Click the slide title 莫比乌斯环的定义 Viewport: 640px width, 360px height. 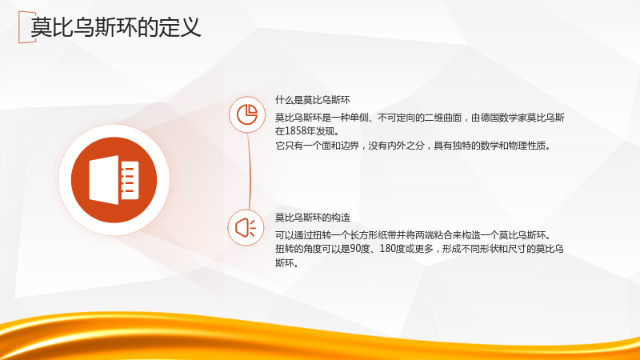tap(115, 27)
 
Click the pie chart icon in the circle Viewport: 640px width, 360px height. tap(247, 114)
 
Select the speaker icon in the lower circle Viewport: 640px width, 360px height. tap(246, 227)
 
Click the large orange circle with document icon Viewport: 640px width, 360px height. tap(114, 180)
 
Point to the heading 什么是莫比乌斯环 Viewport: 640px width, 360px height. tap(312, 100)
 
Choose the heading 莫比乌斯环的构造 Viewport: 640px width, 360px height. tap(312, 218)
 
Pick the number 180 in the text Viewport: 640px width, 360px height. tap(387, 249)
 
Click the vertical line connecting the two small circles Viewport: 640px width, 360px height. tap(249, 171)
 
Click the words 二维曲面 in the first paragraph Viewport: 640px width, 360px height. tap(443, 118)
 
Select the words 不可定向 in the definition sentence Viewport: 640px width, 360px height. tap(396, 118)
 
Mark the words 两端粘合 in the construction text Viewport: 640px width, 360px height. tap(434, 235)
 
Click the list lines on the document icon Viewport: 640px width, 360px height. tap(128, 180)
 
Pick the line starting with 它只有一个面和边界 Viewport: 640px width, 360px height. tap(413, 146)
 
